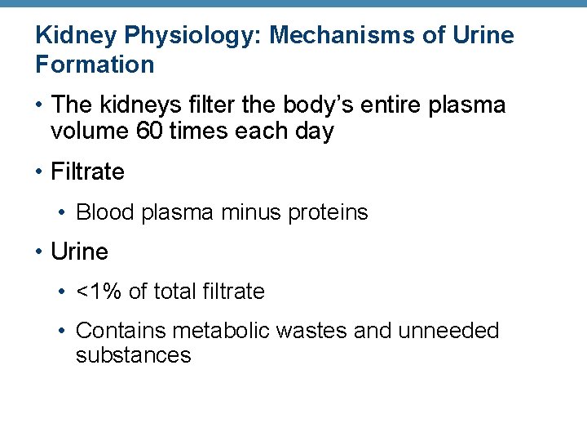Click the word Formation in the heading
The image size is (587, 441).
click(95, 65)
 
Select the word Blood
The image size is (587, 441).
click(105, 213)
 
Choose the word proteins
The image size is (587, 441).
click(328, 213)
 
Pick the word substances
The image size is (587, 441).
click(133, 355)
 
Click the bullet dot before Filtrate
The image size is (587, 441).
click(39, 172)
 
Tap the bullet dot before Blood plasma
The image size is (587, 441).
click(64, 213)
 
